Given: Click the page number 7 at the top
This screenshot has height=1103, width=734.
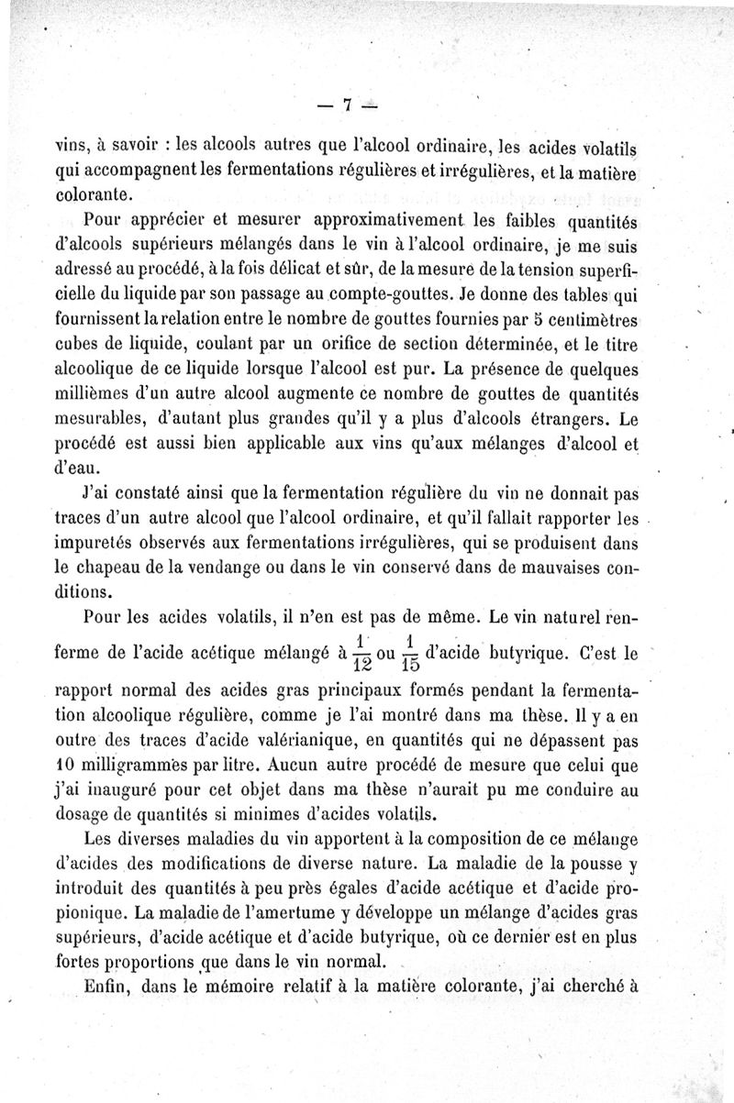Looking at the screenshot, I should [349, 104].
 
